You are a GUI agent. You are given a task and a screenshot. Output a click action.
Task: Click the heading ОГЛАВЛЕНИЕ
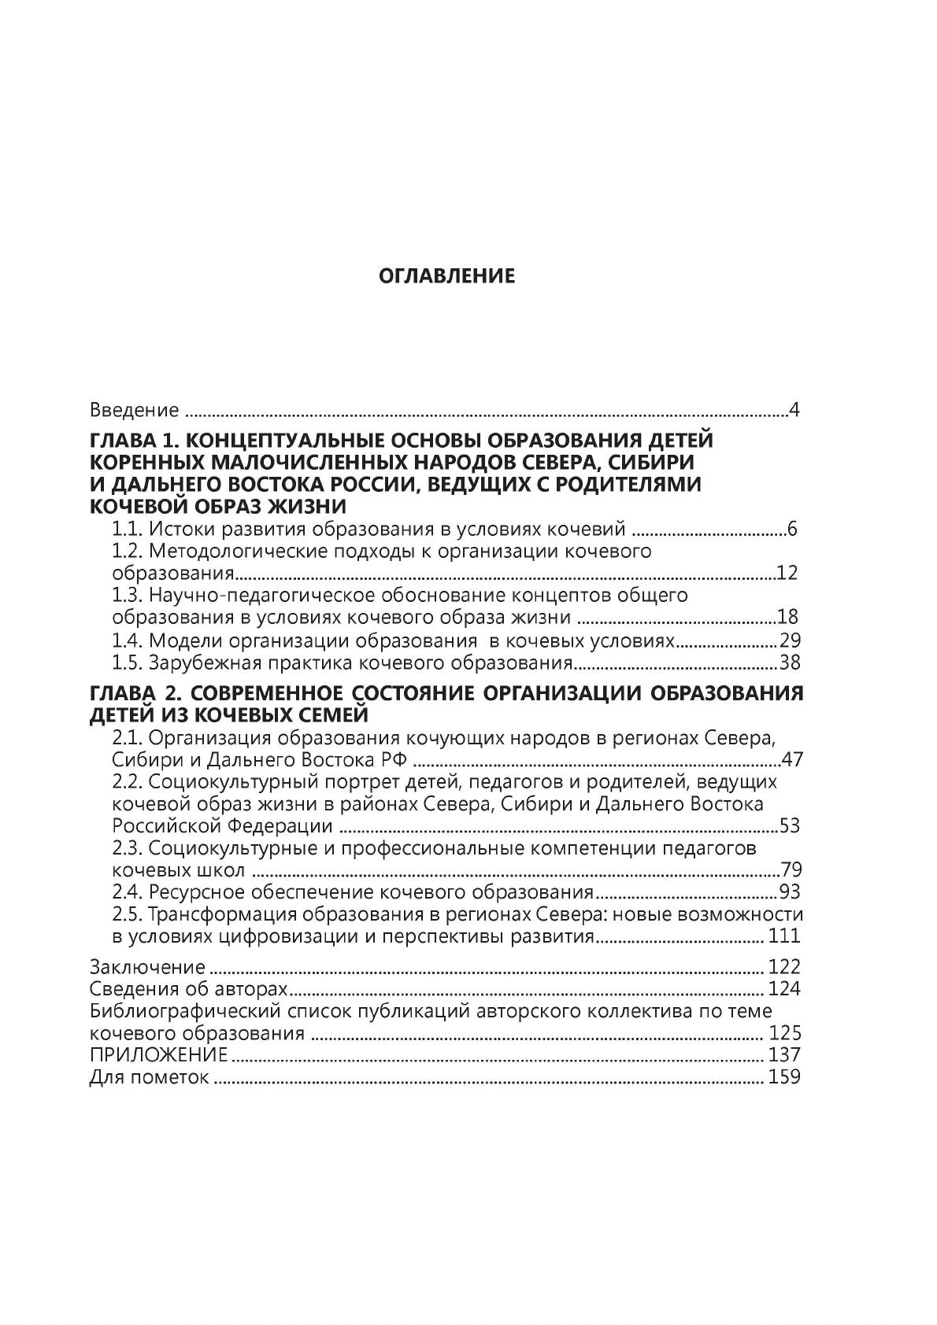[446, 276]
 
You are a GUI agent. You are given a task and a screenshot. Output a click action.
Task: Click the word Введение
[134, 410]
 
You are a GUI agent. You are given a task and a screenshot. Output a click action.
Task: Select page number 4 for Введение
[794, 410]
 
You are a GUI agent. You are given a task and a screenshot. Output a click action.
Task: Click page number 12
[787, 573]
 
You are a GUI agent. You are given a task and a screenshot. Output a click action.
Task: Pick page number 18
[788, 617]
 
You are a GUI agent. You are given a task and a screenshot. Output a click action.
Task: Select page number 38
[789, 662]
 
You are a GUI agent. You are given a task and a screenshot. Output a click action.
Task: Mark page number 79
[790, 870]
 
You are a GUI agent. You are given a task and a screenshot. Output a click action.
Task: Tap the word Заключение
[147, 966]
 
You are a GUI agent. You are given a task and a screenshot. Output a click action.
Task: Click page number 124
[783, 988]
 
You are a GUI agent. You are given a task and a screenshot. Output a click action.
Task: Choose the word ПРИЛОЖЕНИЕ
[158, 1054]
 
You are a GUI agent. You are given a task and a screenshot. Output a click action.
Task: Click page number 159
[784, 1076]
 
